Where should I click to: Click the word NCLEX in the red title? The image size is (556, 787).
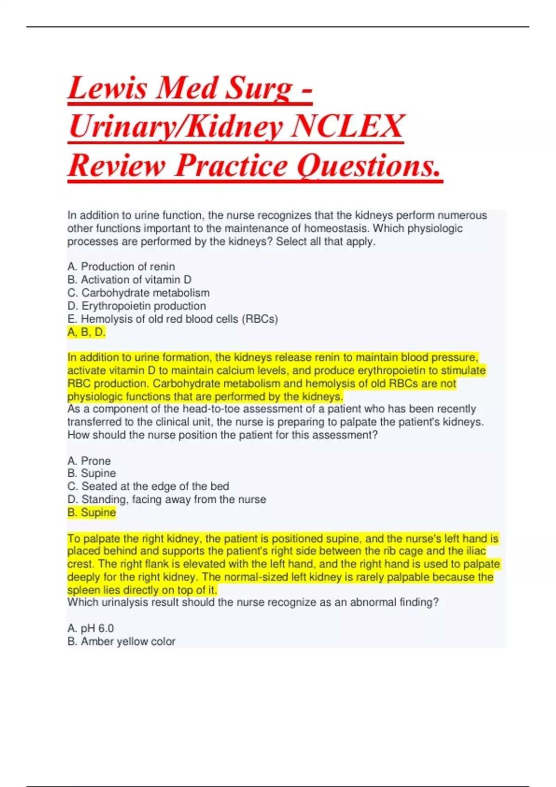point(347,126)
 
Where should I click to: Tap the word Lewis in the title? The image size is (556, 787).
point(107,87)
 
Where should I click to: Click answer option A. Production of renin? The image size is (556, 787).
point(121,267)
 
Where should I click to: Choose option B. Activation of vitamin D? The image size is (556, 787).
point(129,280)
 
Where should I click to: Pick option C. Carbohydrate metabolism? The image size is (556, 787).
point(138,293)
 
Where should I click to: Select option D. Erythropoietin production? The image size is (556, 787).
point(136,306)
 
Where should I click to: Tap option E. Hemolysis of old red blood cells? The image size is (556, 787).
point(172,319)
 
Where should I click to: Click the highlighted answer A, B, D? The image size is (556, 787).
point(86,332)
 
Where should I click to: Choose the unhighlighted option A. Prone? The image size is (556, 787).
point(89,461)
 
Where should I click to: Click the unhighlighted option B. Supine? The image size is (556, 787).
point(91,473)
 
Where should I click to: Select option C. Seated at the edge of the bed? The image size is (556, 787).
point(148,486)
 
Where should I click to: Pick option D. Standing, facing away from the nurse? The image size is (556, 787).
point(166,500)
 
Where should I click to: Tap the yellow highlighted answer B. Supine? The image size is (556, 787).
point(91,512)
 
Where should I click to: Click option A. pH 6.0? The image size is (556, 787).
point(90,628)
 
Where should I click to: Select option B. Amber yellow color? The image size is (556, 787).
point(121,641)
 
